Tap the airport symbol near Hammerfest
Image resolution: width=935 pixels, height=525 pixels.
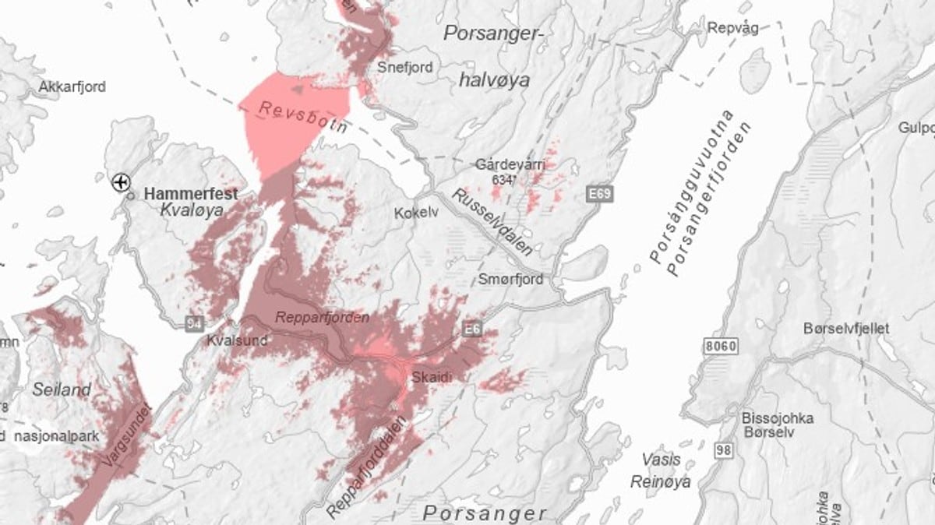tap(121, 182)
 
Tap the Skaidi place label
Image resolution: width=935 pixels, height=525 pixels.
tap(432, 376)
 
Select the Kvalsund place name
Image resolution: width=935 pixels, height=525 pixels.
tap(237, 340)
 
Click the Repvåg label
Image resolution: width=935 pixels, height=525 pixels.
tap(732, 28)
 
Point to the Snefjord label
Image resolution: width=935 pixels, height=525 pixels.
tap(404, 67)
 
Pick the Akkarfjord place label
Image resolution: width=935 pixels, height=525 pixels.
tap(72, 87)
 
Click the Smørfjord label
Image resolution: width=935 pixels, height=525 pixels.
tap(511, 279)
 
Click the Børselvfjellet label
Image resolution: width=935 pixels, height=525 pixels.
tap(845, 329)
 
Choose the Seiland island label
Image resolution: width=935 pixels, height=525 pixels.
tap(62, 389)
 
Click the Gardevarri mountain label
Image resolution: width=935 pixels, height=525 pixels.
tap(510, 164)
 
